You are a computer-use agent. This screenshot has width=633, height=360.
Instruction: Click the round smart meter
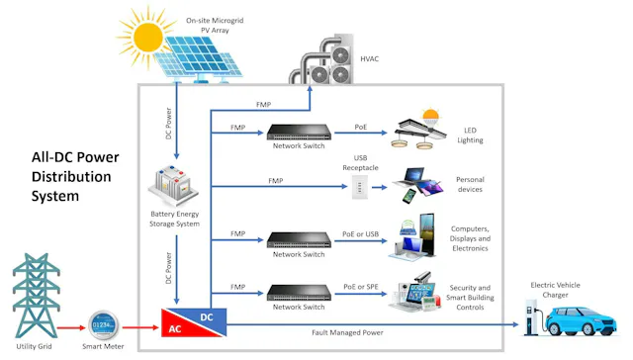pyautogui.click(x=103, y=323)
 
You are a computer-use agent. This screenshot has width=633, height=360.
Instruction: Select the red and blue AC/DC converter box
pyautogui.click(x=195, y=321)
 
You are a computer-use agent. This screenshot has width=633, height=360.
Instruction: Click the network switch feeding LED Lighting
pyautogui.click(x=299, y=132)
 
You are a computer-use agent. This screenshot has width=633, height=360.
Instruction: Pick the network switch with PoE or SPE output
pyautogui.click(x=299, y=292)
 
